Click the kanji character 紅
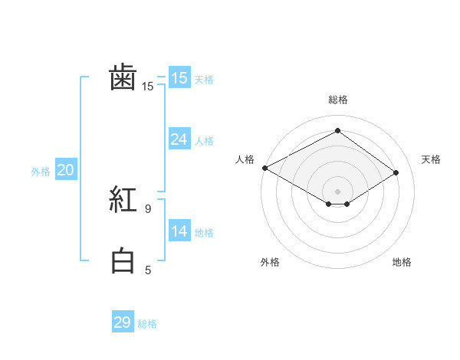123,200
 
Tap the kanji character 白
123,261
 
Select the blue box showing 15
179,78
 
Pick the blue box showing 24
179,139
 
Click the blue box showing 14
179,231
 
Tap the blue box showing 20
65,170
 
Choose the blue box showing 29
122,322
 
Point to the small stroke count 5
148,270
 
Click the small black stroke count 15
147,87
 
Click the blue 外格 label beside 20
41,172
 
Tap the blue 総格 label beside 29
147,324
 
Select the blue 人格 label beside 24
204,141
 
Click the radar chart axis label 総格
337,100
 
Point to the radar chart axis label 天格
432,159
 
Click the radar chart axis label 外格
270,262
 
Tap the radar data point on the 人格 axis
264,167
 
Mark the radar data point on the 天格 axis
396,172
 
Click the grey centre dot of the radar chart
337,191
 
